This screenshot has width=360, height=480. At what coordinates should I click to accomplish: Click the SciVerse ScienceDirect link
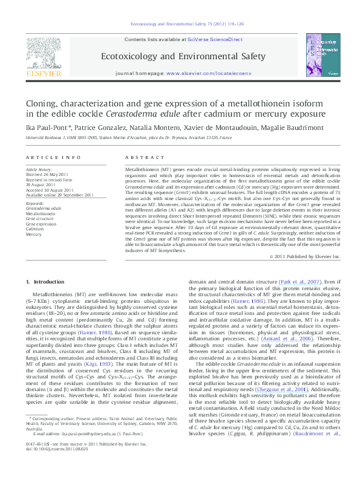coord(215,39)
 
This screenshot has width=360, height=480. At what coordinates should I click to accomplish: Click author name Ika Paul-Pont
coord(43,128)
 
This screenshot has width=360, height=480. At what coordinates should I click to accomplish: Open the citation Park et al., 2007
coord(303,282)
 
